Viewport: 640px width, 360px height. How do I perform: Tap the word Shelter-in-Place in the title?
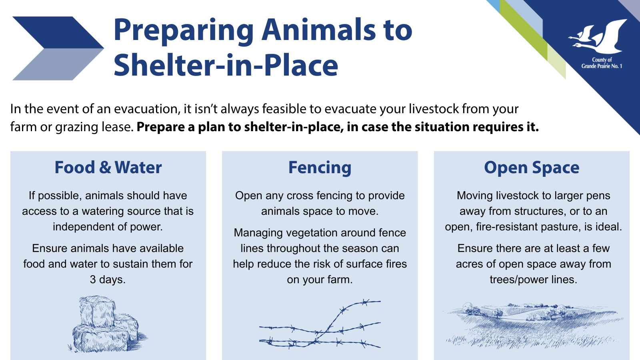point(226,65)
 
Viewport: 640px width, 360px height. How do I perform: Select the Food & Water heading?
point(108,167)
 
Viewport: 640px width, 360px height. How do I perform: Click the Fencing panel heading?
point(320,168)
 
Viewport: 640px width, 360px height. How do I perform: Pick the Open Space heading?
point(532,168)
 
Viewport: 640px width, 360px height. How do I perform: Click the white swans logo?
point(598,36)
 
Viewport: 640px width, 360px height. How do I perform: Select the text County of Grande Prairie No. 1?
point(602,63)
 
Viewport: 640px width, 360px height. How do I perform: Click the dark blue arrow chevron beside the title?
point(58,32)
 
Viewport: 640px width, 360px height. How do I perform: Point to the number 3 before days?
point(93,280)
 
